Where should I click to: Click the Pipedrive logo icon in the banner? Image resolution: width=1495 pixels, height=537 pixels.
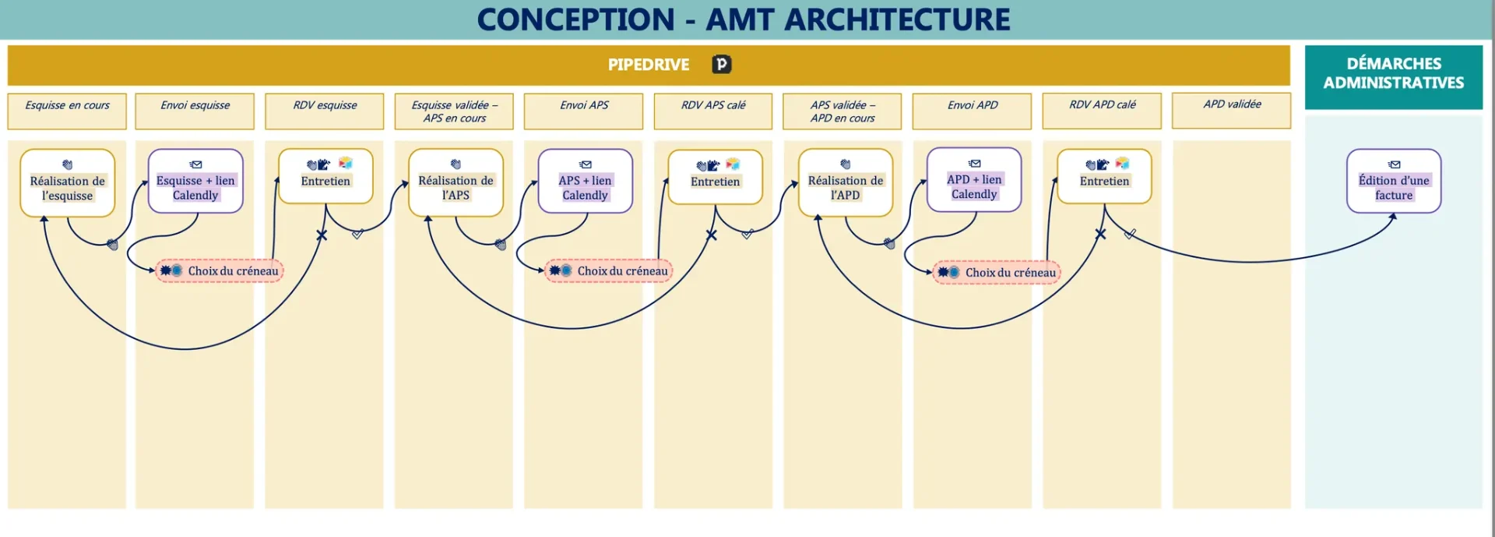(722, 65)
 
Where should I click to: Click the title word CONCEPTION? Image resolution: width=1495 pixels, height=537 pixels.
(575, 19)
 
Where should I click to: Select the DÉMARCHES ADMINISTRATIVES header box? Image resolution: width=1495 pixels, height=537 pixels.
(1393, 76)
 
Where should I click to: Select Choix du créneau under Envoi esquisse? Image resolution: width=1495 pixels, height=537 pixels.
(220, 271)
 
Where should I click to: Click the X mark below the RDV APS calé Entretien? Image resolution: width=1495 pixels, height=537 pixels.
(711, 235)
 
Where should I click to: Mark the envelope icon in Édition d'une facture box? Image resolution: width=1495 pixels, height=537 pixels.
(1394, 164)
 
